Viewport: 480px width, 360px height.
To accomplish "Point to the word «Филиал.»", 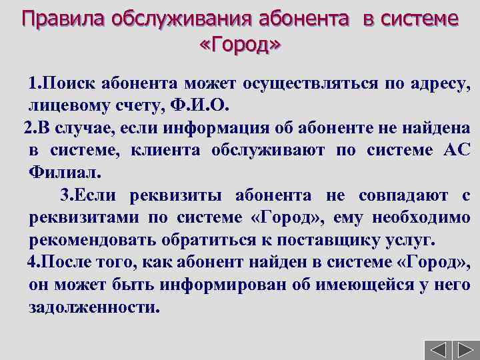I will coord(65,173).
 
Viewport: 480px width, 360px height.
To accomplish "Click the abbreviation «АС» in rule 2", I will coord(457,151).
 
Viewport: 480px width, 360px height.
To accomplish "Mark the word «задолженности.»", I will coord(95,309).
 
